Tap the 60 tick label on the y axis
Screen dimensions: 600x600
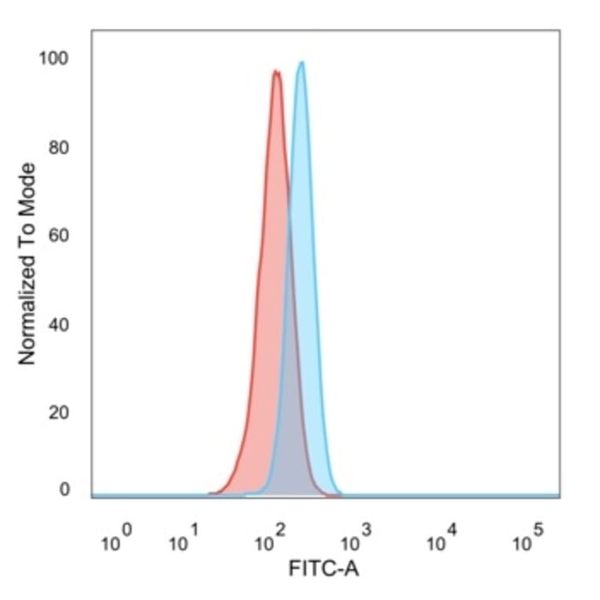click(x=59, y=236)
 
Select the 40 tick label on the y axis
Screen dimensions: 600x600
click(x=59, y=324)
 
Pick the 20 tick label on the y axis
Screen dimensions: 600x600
click(x=59, y=412)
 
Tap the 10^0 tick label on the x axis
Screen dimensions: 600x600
click(x=118, y=540)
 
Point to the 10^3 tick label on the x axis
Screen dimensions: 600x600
click(x=353, y=540)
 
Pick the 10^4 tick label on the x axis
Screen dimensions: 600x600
click(x=440, y=540)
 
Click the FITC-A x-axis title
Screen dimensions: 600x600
click(x=324, y=569)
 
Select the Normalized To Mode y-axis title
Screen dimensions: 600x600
click(x=27, y=264)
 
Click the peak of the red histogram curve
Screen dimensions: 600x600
click(x=276, y=71)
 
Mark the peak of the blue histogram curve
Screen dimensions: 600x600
click(x=301, y=63)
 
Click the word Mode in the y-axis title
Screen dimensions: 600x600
click(x=27, y=185)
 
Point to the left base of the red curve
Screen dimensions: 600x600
click(x=210, y=493)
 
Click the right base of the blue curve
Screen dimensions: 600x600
click(x=340, y=494)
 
